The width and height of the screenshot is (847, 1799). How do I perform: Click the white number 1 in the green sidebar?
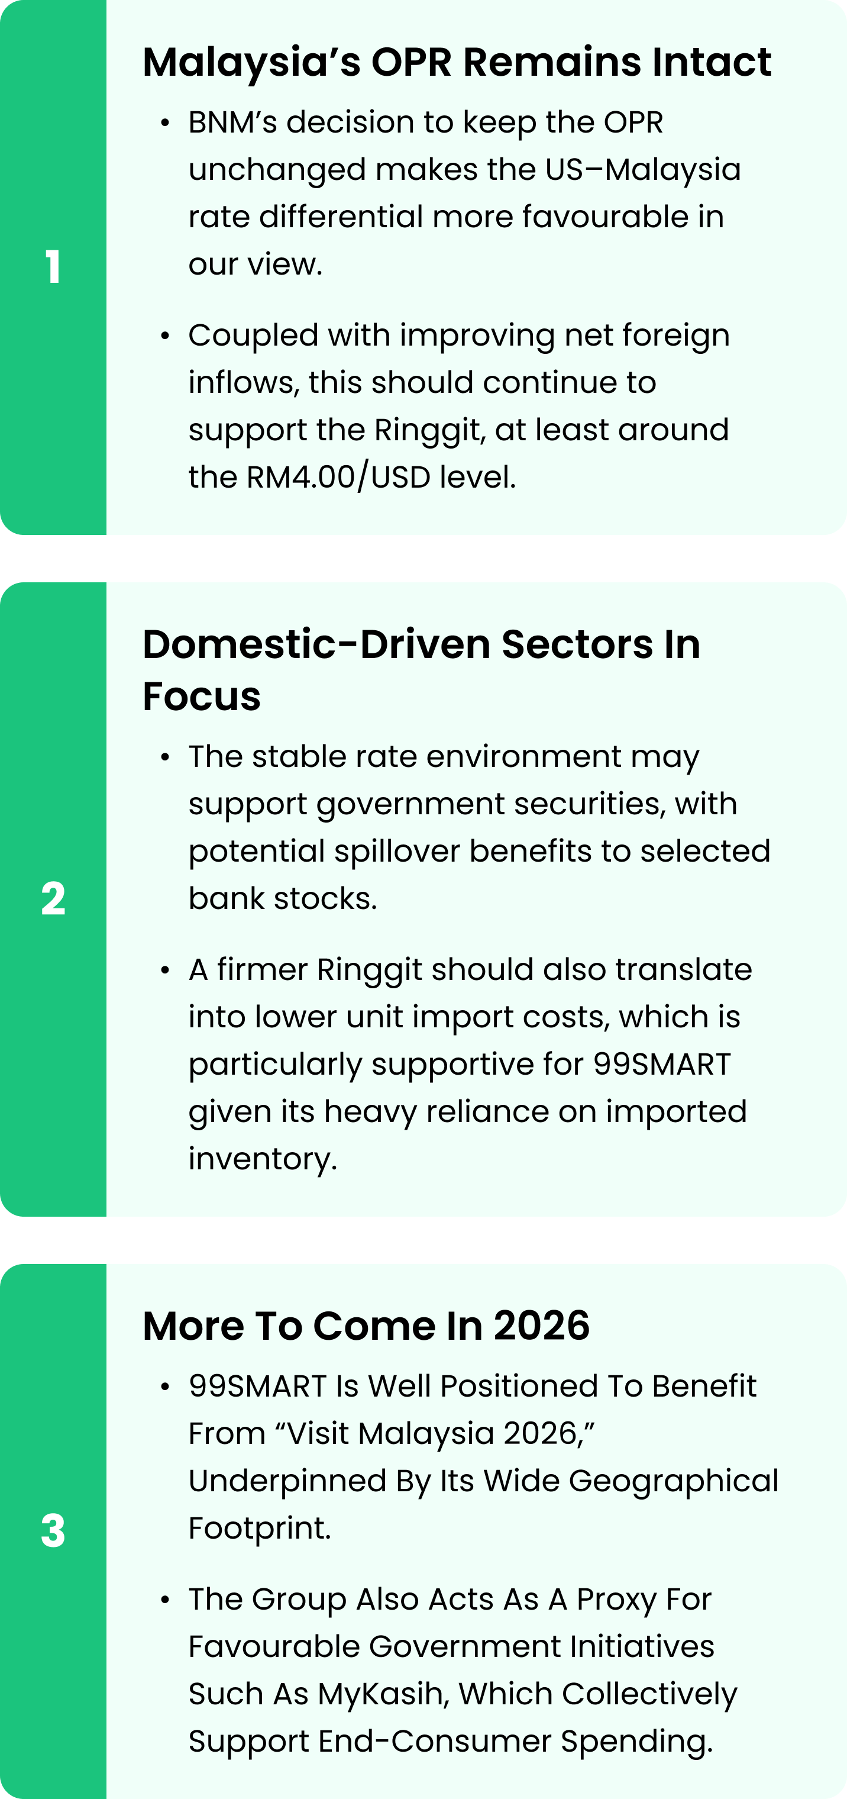53,267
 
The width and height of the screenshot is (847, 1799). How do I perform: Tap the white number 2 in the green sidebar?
53,899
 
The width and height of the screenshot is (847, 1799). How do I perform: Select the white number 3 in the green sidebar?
53,1531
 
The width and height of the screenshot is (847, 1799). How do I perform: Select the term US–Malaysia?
643,170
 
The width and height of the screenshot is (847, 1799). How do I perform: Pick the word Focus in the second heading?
202,697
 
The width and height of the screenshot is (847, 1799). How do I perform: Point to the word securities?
589,804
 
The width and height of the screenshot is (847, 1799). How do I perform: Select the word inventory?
263,1159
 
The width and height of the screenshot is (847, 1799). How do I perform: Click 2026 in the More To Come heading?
542,1326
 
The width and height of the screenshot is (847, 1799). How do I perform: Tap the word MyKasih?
383,1694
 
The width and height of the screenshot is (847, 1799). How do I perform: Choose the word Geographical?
674,1481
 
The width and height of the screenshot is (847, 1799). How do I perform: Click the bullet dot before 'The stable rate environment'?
166,757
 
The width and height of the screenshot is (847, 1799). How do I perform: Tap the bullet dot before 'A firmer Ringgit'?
166,970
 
